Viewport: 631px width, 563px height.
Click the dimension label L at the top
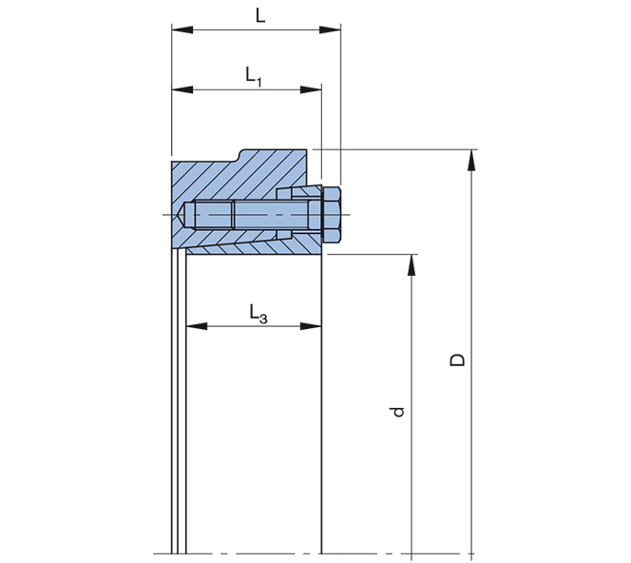[x=259, y=14]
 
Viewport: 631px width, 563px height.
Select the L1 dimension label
[x=254, y=75]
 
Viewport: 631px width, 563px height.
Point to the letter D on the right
[x=458, y=360]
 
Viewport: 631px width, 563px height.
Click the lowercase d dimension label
[x=398, y=411]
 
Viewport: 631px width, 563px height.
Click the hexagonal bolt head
[x=332, y=216]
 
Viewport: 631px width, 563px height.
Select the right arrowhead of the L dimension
[x=332, y=30]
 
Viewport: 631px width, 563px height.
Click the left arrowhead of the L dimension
[x=182, y=30]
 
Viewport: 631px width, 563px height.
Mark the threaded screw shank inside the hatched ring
[x=257, y=216]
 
